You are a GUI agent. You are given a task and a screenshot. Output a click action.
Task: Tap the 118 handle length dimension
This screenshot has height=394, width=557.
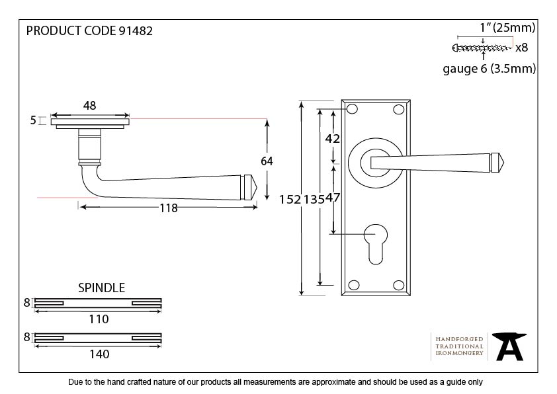169,208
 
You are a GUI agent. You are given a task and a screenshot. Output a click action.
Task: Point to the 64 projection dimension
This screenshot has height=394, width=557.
267,161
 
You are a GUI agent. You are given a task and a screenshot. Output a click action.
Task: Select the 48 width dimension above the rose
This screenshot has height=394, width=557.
90,104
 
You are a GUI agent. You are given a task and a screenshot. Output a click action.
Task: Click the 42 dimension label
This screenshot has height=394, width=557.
333,139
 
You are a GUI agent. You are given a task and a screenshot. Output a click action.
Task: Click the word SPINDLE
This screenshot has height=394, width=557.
101,288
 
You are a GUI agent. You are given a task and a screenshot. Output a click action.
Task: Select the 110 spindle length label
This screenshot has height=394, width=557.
99,319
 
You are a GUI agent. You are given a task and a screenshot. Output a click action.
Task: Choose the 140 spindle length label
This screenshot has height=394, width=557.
99,354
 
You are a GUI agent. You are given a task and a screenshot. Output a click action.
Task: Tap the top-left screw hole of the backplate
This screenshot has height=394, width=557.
353,109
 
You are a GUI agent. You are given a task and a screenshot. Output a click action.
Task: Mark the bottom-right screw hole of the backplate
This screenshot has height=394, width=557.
398,285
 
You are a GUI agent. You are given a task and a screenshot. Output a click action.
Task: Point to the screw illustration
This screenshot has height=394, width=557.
482,48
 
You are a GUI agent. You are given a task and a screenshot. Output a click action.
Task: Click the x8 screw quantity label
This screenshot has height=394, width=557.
521,48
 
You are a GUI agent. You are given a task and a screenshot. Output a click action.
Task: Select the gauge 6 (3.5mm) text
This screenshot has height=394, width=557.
489,69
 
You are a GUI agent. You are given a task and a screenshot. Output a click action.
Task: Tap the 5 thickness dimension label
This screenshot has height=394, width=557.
32,120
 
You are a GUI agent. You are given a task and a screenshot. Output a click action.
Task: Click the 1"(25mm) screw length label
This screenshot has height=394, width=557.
507,28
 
